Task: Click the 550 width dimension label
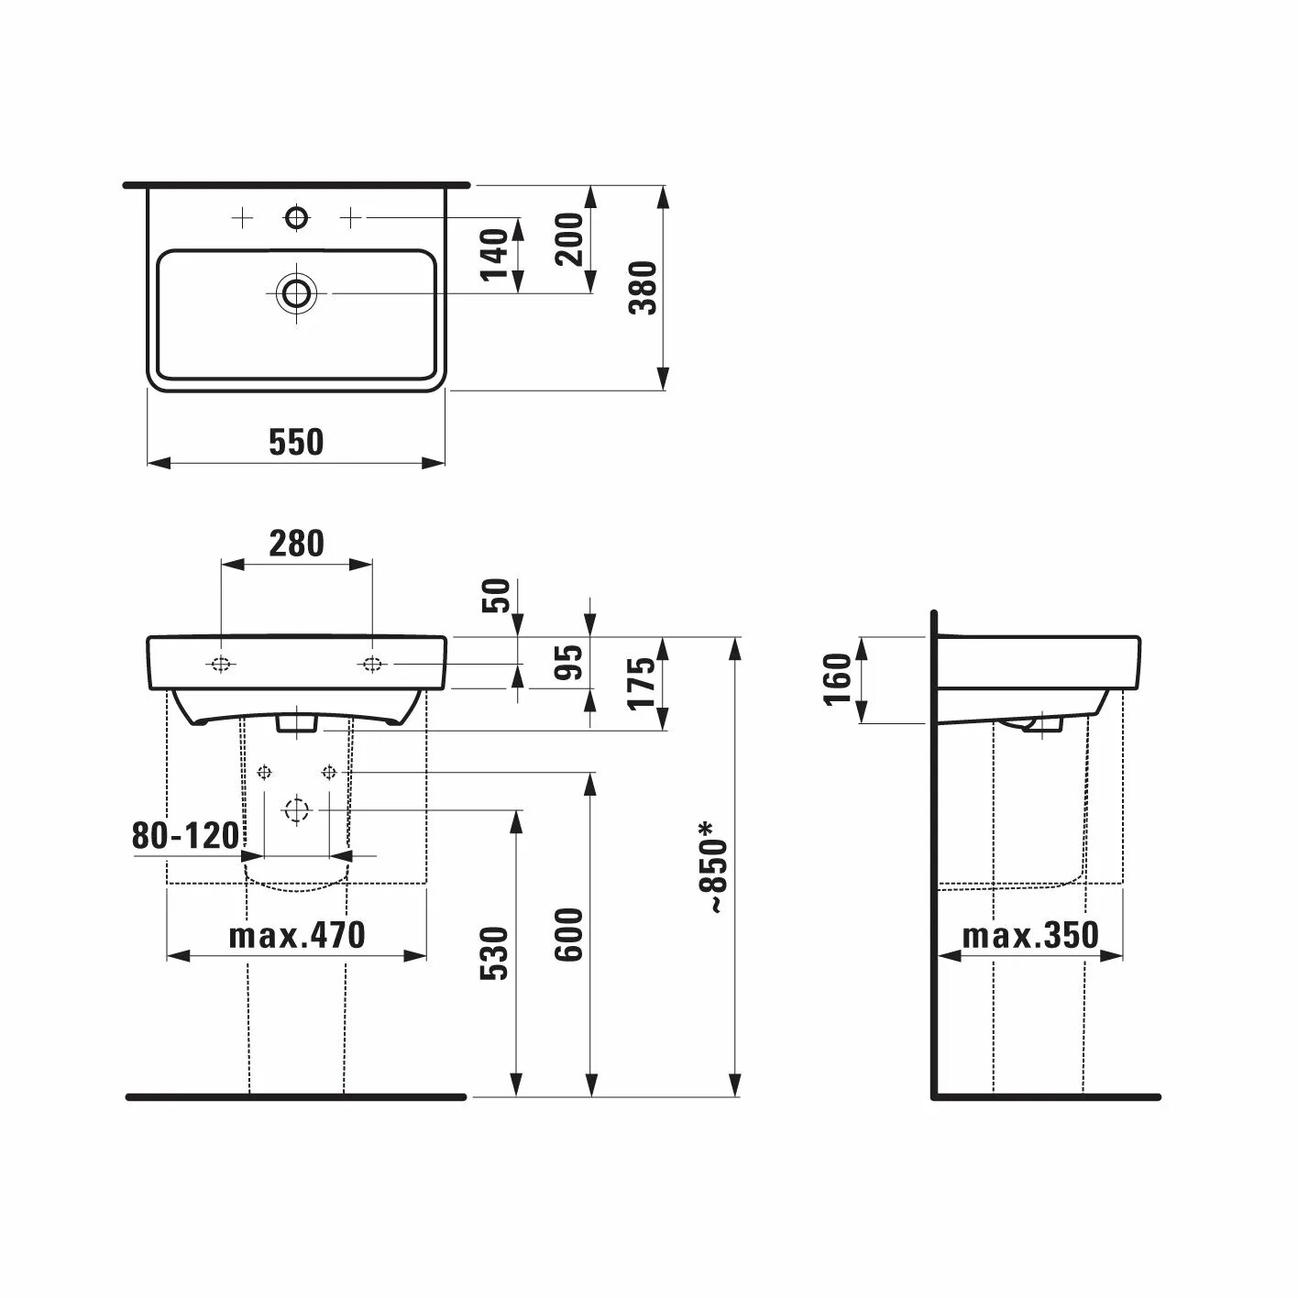pyautogui.click(x=296, y=442)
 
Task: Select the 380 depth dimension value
pyautogui.click(x=644, y=288)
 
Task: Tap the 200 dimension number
pyautogui.click(x=570, y=238)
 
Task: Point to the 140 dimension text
pyautogui.click(x=495, y=255)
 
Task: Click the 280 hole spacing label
pyautogui.click(x=296, y=544)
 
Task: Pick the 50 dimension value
pyautogui.click(x=495, y=597)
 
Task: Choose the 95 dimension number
pyautogui.click(x=570, y=663)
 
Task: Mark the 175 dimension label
pyautogui.click(x=644, y=682)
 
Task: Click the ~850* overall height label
pyautogui.click(x=714, y=866)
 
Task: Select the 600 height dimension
pyautogui.click(x=570, y=934)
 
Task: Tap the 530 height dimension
pyautogui.click(x=495, y=953)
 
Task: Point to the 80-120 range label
pyautogui.click(x=185, y=836)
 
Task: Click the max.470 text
pyautogui.click(x=296, y=935)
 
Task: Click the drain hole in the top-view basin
pyautogui.click(x=296, y=292)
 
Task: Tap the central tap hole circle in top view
pyautogui.click(x=296, y=217)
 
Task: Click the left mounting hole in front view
pyautogui.click(x=222, y=664)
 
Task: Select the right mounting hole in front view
pyautogui.click(x=372, y=664)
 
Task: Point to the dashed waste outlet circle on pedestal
pyautogui.click(x=296, y=810)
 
